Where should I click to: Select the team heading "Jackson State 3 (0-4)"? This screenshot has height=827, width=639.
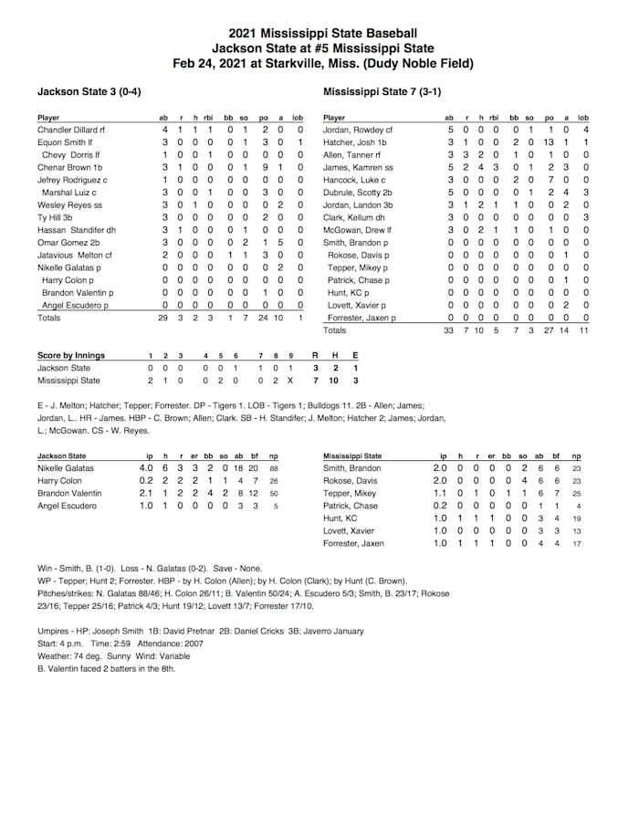(89, 92)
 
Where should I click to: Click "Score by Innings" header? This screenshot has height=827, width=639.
(71, 355)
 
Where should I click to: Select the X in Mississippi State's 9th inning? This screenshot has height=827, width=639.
(290, 381)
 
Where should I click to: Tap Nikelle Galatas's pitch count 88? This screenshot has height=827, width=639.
(274, 468)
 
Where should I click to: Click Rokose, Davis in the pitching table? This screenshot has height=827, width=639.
(350, 481)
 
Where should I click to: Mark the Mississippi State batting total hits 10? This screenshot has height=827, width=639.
(480, 330)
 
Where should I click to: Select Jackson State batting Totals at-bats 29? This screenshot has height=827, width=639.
(163, 318)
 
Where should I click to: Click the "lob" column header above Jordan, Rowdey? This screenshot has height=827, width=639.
(582, 118)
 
